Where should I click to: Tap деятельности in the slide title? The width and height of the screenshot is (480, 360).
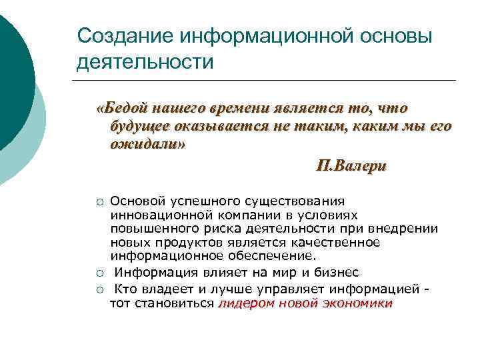145,62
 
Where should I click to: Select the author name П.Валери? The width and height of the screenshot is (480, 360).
351,165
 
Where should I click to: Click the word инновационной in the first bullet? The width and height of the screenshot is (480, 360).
162,215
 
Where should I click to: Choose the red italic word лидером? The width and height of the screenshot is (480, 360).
243,303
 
